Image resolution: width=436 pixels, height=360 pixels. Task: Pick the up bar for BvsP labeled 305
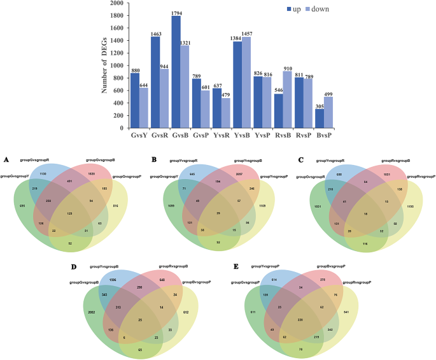(320, 119)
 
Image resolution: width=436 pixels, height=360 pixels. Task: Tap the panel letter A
(6, 159)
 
